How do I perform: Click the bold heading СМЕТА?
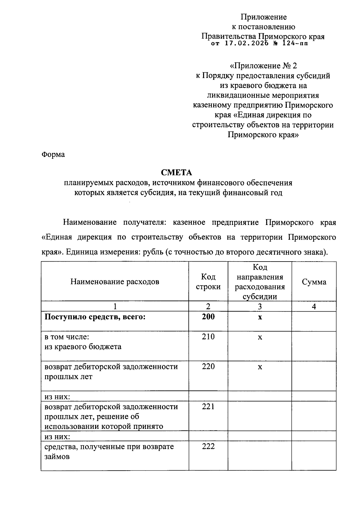point(176,172)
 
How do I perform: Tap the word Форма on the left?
point(53,155)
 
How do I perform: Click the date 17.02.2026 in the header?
point(245,44)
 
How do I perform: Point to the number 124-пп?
point(295,44)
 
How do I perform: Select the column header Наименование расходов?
point(115,282)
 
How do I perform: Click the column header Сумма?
point(314,282)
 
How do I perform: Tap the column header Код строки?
point(208,282)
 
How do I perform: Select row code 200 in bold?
point(208,317)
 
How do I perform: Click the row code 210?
point(208,337)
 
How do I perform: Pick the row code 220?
point(208,367)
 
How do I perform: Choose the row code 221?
point(208,407)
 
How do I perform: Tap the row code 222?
point(208,447)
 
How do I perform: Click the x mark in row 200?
point(260,317)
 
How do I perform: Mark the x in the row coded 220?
point(260,367)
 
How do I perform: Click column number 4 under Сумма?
point(314,307)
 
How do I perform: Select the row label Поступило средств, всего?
point(95,317)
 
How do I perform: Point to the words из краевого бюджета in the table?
point(83,347)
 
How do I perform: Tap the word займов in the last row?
point(57,457)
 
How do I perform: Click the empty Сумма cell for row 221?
point(314,416)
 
